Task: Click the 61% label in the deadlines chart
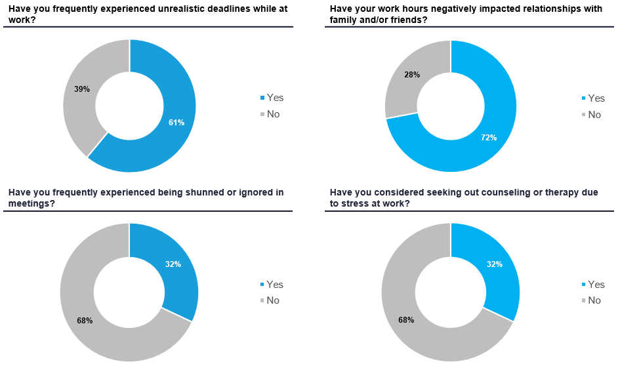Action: coord(176,122)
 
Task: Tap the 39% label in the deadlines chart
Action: coord(82,89)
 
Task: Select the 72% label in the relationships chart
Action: coord(489,138)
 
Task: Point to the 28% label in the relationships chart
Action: coord(411,75)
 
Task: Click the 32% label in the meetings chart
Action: coord(173,264)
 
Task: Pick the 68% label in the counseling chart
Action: coord(406,320)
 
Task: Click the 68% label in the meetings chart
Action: coord(85,320)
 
